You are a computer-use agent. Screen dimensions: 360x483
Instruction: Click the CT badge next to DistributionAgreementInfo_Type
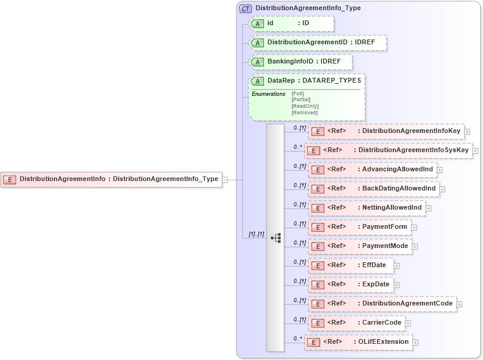coord(245,8)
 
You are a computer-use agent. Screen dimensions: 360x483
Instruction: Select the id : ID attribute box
coord(291,23)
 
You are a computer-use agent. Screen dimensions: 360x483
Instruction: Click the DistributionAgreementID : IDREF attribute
coord(318,43)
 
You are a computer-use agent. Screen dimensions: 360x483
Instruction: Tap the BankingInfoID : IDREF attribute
coord(300,62)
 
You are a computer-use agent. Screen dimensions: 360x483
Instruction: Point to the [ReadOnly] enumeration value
coord(305,106)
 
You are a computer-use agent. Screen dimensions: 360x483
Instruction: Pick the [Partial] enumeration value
coord(301,99)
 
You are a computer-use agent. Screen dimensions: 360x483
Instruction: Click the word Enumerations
coord(268,94)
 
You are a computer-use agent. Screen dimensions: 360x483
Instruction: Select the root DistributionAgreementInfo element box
coord(111,179)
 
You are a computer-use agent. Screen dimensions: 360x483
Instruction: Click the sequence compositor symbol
coord(275,238)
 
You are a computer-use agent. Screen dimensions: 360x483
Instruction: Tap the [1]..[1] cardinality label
coord(256,234)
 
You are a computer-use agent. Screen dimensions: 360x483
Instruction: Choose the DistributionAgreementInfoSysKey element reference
coord(388,150)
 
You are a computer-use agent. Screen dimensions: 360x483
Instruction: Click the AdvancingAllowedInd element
coord(372,170)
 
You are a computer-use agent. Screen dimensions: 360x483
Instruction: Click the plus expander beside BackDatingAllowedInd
coord(443,189)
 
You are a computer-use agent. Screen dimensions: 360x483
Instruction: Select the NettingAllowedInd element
coord(366,208)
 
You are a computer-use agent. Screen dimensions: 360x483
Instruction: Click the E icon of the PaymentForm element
coord(318,227)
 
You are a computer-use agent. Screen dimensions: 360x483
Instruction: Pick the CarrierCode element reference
coord(356,323)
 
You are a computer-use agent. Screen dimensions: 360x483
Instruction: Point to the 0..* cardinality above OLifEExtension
coord(297,338)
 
